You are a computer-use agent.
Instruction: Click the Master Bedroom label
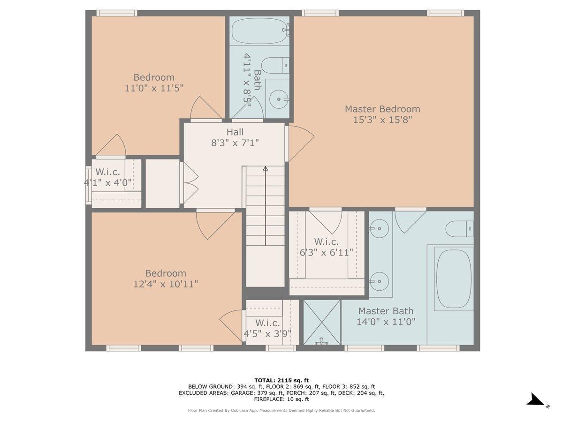pos(382,109)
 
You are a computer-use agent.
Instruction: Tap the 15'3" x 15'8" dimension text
pos(382,120)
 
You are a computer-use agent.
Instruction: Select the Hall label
pos(235,132)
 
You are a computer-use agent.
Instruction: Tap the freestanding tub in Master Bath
pos(453,279)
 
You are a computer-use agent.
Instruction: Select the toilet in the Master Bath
pos(459,229)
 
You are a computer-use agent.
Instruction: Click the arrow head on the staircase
pos(266,168)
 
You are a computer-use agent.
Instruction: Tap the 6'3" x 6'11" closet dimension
pos(327,253)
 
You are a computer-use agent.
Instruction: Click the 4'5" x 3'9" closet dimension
pos(267,334)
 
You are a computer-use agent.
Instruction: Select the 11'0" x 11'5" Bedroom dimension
pos(154,88)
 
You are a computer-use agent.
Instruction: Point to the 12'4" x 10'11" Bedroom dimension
pos(166,284)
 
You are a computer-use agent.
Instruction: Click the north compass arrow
pos(536,400)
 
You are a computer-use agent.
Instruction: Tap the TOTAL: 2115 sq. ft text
pos(281,380)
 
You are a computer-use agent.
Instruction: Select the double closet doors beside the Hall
pos(190,183)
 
